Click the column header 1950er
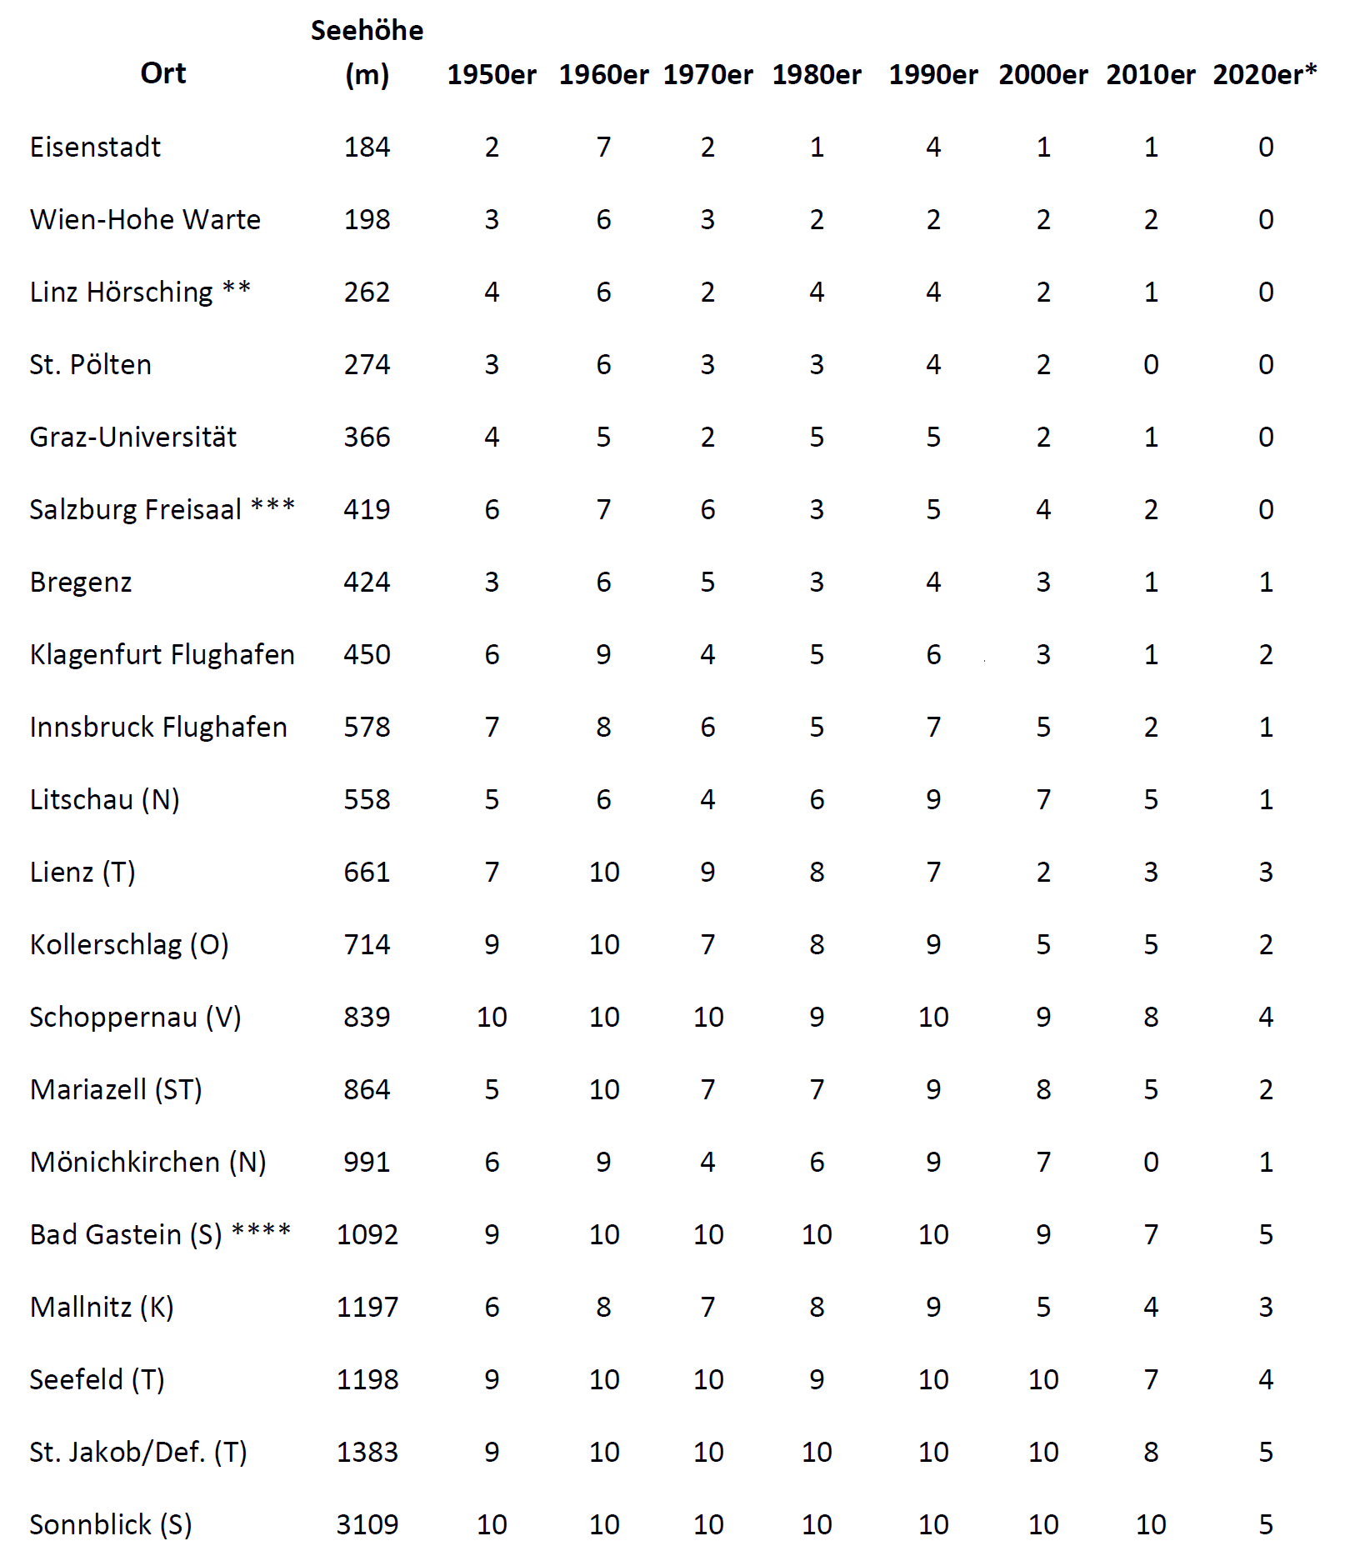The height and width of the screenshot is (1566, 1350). tap(492, 75)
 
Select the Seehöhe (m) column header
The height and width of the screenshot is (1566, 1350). tap(367, 53)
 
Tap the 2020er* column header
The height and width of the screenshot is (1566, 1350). tap(1264, 75)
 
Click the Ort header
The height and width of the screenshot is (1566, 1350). tap(163, 73)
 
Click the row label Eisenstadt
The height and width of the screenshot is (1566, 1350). tap(95, 148)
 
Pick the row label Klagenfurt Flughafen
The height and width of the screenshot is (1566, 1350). tap(162, 655)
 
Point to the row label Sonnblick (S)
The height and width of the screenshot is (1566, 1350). tap(111, 1525)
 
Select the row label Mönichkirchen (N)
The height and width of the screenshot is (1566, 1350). tap(147, 1163)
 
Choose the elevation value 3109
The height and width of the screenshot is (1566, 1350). tap(367, 1525)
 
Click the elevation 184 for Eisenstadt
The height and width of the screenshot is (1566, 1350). tap(367, 148)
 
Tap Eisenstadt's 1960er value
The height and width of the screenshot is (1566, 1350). tap(603, 148)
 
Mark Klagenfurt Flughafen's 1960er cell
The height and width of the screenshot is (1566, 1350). tap(603, 655)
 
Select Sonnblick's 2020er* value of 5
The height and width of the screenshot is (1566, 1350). tap(1265, 1525)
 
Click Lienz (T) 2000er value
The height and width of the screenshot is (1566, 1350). tap(1042, 873)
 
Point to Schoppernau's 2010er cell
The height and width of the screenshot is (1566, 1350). tap(1150, 1018)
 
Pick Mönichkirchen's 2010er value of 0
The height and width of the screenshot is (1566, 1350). tap(1150, 1163)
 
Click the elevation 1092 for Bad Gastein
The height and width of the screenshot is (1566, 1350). tap(367, 1235)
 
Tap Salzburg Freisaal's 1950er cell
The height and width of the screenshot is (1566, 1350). tap(492, 510)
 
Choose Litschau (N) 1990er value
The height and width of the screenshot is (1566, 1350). tap(932, 800)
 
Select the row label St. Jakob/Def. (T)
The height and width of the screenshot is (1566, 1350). tap(138, 1453)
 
